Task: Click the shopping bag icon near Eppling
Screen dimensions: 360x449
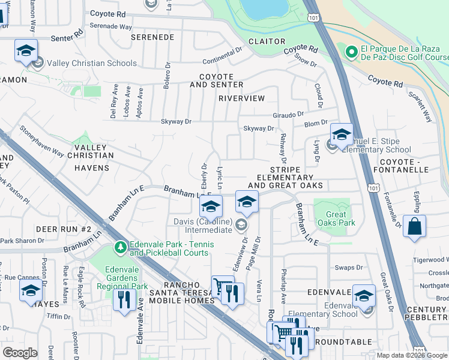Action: pyautogui.click(x=414, y=227)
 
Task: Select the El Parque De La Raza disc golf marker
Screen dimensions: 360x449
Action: pyautogui.click(x=351, y=52)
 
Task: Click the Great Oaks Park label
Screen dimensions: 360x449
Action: pyautogui.click(x=340, y=218)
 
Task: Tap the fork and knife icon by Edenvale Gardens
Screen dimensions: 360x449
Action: pyautogui.click(x=124, y=298)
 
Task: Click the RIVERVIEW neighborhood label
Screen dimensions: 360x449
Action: pyautogui.click(x=241, y=98)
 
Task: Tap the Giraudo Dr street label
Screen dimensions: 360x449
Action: pyautogui.click(x=288, y=113)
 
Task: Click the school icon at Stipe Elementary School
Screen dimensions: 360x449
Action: pyautogui.click(x=342, y=135)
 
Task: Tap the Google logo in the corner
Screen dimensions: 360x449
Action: pyautogui.click(x=20, y=353)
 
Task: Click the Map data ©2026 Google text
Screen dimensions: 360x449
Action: pyautogui.click(x=411, y=355)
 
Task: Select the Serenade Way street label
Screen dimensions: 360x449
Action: pyautogui.click(x=110, y=26)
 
